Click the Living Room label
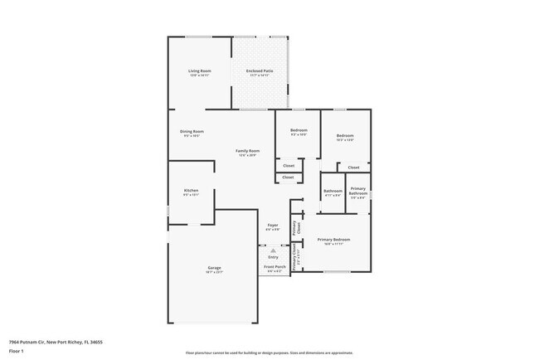tap(199, 71)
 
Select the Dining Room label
tap(192, 131)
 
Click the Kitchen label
tap(191, 191)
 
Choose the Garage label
tap(214, 267)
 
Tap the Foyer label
tap(272, 225)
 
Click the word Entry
tap(272, 256)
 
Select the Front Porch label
tap(274, 266)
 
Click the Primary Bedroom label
tap(333, 239)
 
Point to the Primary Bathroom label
tap(357, 191)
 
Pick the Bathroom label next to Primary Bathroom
tap(333, 191)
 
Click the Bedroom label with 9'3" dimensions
tap(299, 130)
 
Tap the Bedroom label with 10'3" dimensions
tap(345, 135)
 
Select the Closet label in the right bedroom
tap(353, 168)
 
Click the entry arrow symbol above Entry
tap(272, 250)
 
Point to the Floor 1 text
tap(16, 351)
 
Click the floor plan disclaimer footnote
tap(269, 353)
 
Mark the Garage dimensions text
tap(214, 271)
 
